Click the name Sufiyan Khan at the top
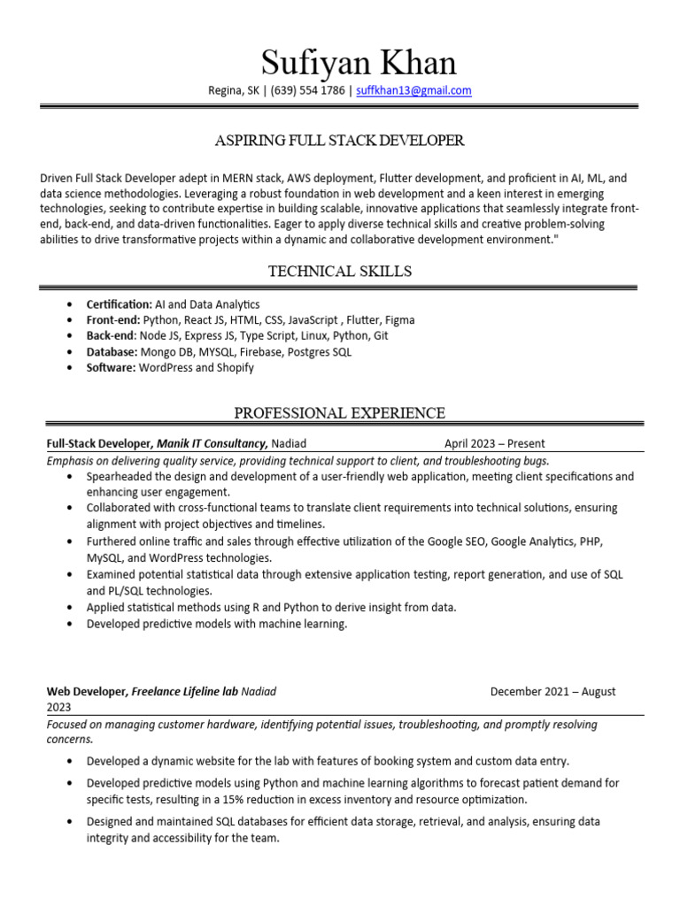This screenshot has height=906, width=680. pos(359,63)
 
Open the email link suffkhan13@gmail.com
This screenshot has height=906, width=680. pos(413,90)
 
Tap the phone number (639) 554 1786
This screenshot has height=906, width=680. pos(307,90)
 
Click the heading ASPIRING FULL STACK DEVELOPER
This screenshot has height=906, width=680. pos(340,141)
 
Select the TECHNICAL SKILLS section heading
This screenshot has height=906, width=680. pos(340,271)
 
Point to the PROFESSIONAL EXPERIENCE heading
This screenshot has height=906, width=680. pos(340,413)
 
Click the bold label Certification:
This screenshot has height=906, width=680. pos(119,304)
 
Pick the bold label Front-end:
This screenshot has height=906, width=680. pos(113,320)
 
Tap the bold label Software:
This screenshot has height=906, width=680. pos(111,368)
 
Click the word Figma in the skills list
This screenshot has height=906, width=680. pos(398,320)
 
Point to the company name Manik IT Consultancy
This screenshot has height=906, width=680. pos(211,443)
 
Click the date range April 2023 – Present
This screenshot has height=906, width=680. pos(495,444)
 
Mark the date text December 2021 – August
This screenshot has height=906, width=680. pos(552,692)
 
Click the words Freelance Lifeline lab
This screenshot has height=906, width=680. pos(185,692)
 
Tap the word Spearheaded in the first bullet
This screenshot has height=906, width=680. pos(120,476)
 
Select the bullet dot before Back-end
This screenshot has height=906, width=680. pos(70,336)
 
